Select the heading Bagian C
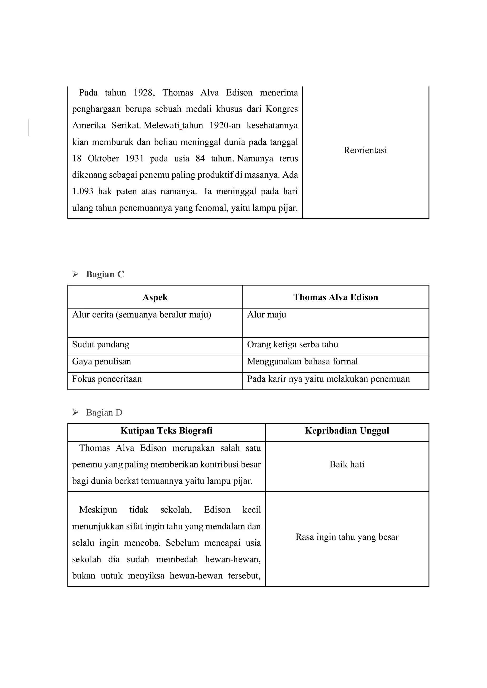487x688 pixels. [105, 274]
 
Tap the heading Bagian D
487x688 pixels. [104, 413]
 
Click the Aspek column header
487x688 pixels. [155, 297]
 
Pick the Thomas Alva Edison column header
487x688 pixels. [336, 297]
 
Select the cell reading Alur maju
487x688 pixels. [267, 315]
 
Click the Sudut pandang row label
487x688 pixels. [101, 344]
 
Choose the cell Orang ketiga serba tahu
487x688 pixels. [292, 344]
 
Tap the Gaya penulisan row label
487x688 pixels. [102, 361]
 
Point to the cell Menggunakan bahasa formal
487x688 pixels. [302, 361]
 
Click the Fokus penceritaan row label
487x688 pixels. [107, 379]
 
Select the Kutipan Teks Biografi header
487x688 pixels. [166, 431]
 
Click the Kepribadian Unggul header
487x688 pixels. [347, 431]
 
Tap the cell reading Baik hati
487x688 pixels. [347, 464]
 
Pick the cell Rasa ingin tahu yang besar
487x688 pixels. [347, 537]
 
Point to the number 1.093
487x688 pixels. [83, 191]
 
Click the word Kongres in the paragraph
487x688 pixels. [282, 109]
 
